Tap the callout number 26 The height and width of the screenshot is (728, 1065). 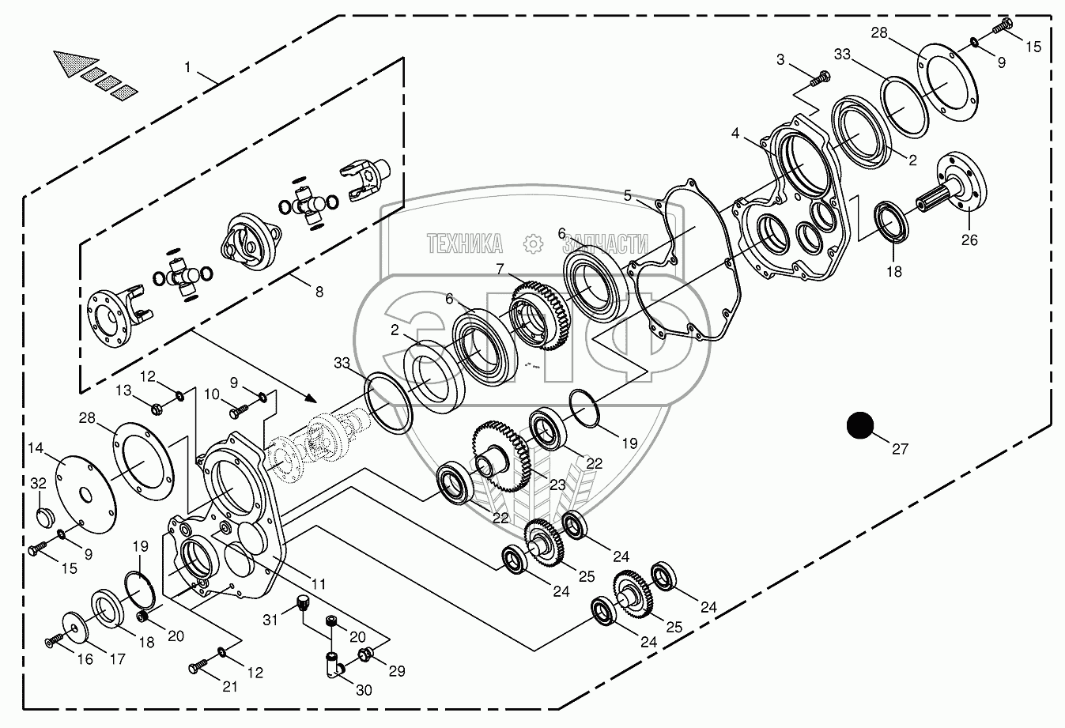[970, 240]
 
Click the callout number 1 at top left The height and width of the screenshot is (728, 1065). [187, 67]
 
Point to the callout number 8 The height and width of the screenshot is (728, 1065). [319, 292]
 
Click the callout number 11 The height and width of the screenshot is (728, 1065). [318, 584]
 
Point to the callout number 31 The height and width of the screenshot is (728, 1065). [271, 620]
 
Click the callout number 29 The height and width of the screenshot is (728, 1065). [396, 671]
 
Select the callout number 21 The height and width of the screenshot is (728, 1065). [229, 686]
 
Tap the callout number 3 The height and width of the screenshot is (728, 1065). [781, 59]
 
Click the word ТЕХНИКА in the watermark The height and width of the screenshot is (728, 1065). [465, 244]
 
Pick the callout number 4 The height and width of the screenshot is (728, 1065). [736, 134]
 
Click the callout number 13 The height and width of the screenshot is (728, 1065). [124, 390]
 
